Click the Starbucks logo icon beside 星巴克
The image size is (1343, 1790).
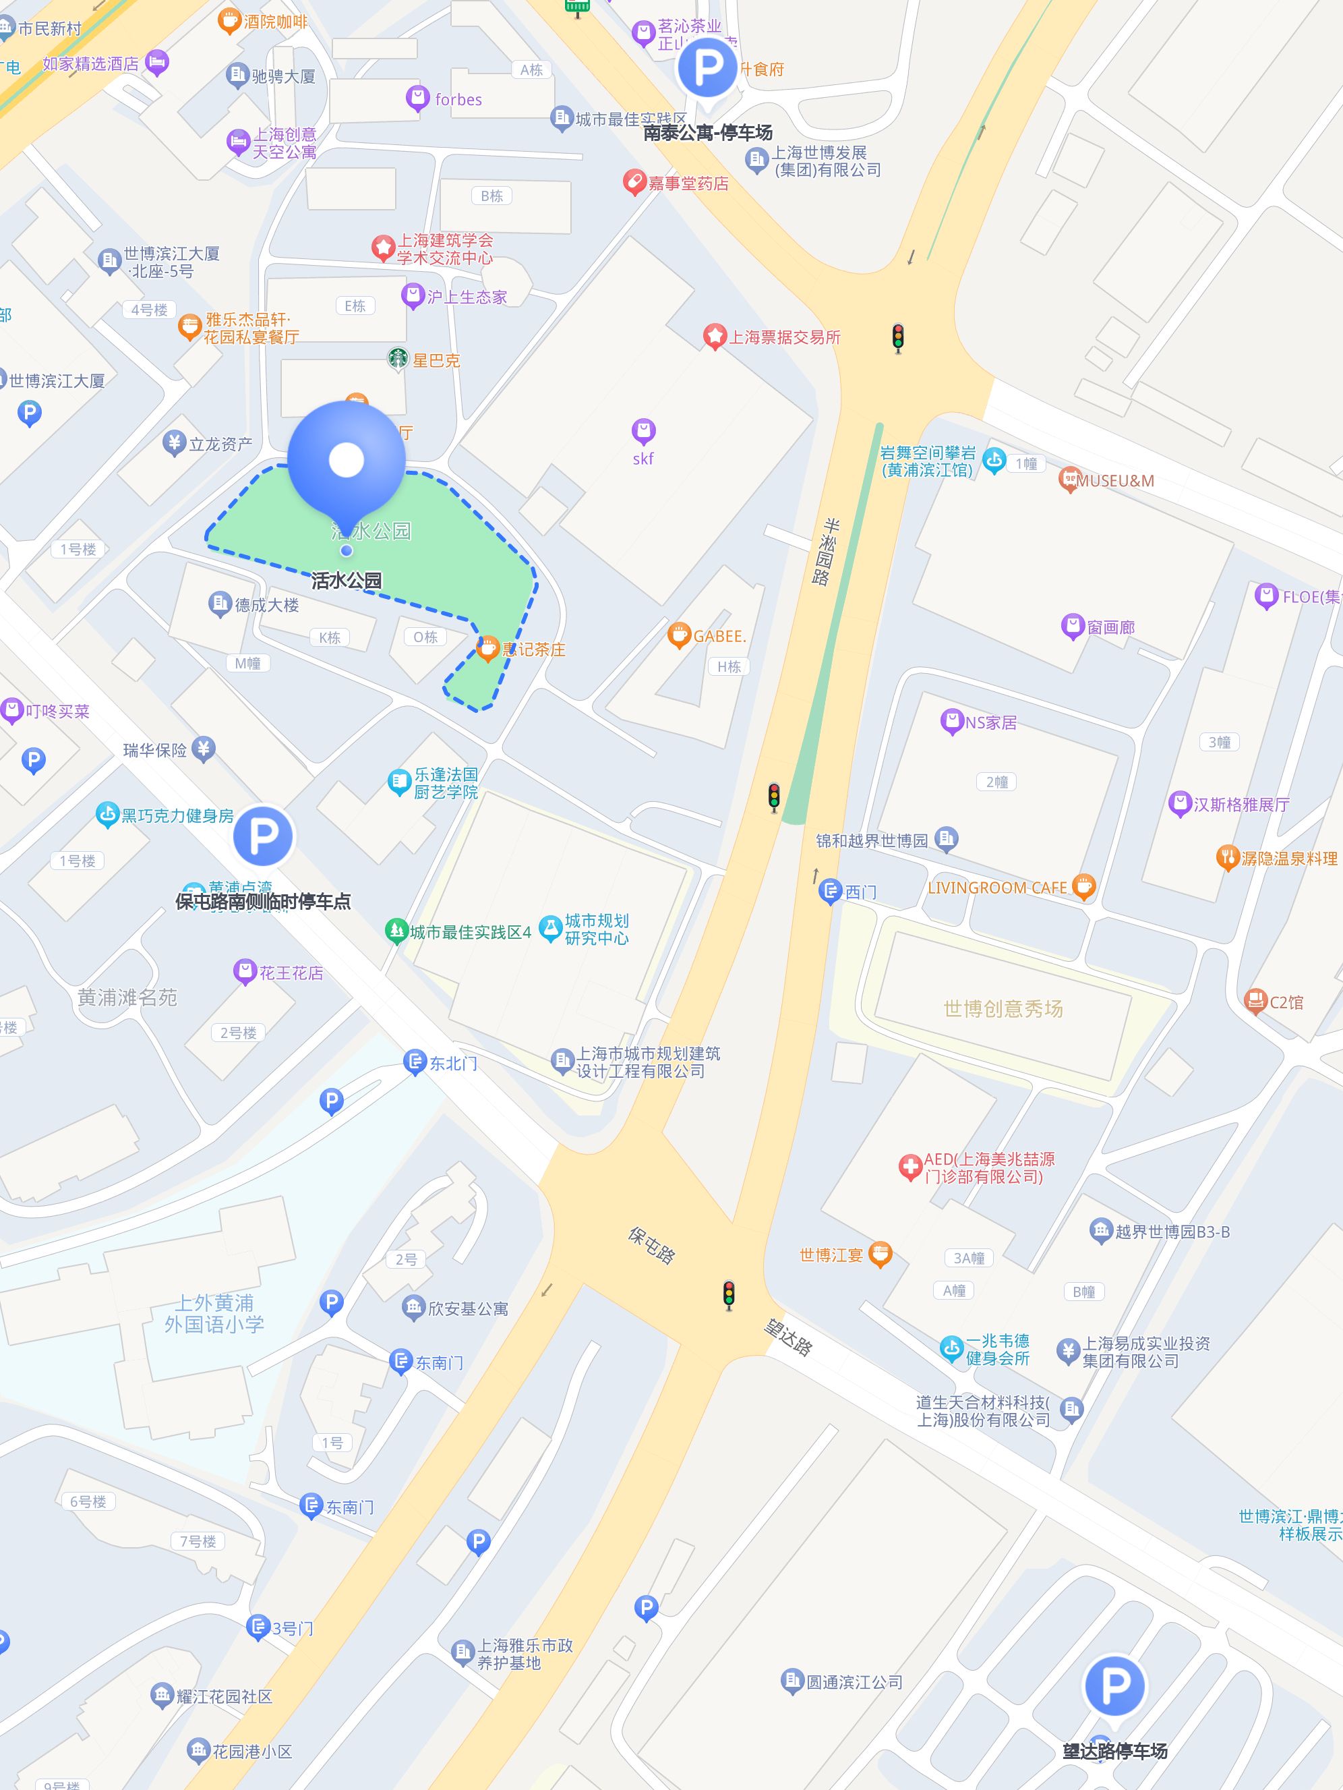397,359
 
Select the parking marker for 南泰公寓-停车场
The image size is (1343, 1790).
707,68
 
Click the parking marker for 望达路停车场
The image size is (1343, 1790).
1114,1685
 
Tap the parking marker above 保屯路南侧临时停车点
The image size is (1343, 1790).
263,835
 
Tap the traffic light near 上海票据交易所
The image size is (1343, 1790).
897,339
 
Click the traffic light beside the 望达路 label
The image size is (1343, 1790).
729,1295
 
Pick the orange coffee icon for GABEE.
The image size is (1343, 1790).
678,635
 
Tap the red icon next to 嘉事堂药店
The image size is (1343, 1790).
634,183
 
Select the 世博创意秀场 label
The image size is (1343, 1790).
1003,1008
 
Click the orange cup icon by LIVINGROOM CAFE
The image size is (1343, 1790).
1083,887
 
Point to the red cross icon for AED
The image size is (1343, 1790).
911,1167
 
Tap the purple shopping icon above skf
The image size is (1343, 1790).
643,432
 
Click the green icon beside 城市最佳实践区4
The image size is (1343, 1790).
396,931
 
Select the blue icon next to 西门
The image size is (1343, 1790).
830,892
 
